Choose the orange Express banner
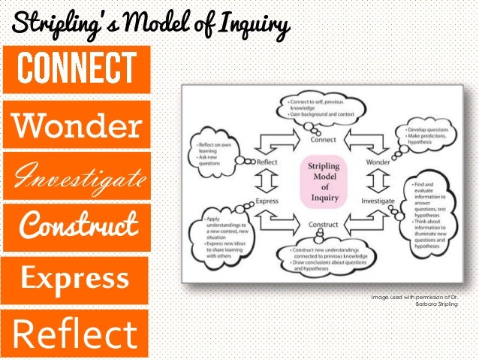coord(75,278)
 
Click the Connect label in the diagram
coord(324,139)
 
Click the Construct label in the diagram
coord(324,225)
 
